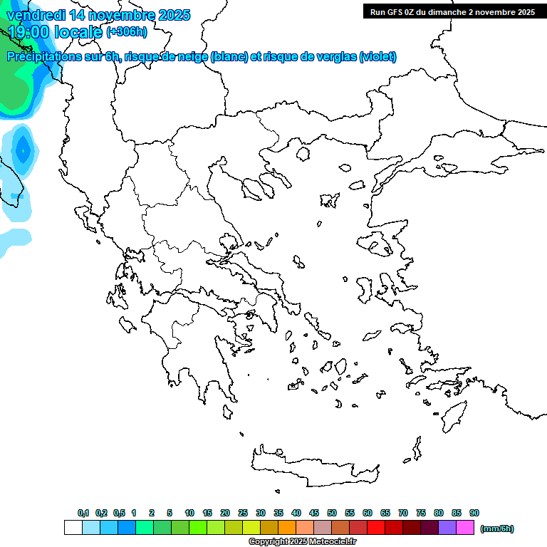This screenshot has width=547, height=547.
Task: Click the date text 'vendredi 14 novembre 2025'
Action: pos(98,15)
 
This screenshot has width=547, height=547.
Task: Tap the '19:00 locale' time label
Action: pos(56,31)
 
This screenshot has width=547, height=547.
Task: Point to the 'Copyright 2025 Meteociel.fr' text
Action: pos(302,542)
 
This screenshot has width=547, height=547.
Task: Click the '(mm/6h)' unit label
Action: pos(496,528)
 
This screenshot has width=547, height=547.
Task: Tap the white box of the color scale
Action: pos(73,528)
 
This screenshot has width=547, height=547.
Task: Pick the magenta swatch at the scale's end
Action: pos(465,528)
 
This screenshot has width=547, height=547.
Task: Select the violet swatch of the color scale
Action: pos(447,528)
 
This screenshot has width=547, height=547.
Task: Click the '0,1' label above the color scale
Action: pos(83,513)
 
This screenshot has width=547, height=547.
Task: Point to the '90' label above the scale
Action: pos(474,513)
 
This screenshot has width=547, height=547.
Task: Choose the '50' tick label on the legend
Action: pos(332,513)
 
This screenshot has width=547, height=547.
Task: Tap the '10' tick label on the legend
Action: pos(189,513)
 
